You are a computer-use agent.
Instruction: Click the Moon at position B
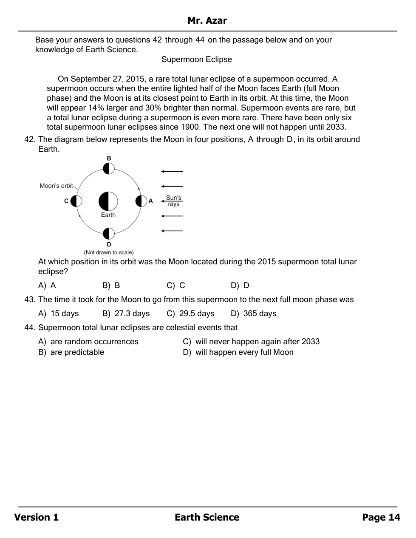pyautogui.click(x=109, y=168)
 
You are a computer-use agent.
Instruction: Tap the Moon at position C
pyautogui.click(x=76, y=201)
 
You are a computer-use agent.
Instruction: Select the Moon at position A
pyautogui.click(x=141, y=201)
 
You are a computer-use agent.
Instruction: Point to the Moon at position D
pyautogui.click(x=109, y=233)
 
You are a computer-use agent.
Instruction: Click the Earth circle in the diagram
pyautogui.click(x=108, y=201)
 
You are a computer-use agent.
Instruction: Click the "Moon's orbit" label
pyautogui.click(x=56, y=186)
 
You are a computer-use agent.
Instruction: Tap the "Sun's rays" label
pyautogui.click(x=173, y=201)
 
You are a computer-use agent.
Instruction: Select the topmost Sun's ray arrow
pyautogui.click(x=172, y=172)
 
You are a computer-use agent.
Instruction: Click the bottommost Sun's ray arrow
pyautogui.click(x=172, y=231)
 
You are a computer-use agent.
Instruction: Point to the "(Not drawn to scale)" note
pyautogui.click(x=109, y=252)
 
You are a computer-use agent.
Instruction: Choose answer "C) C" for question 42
pyautogui.click(x=176, y=286)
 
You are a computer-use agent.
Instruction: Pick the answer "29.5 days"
pyautogui.click(x=191, y=314)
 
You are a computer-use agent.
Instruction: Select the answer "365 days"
pyautogui.click(x=254, y=314)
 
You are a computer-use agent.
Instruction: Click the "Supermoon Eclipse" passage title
pyautogui.click(x=197, y=59)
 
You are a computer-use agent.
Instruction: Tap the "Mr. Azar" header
pyautogui.click(x=207, y=21)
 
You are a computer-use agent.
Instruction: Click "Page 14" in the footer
pyautogui.click(x=381, y=517)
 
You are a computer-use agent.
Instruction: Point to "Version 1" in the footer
pyautogui.click(x=37, y=517)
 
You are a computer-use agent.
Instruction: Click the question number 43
pyautogui.click(x=30, y=300)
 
